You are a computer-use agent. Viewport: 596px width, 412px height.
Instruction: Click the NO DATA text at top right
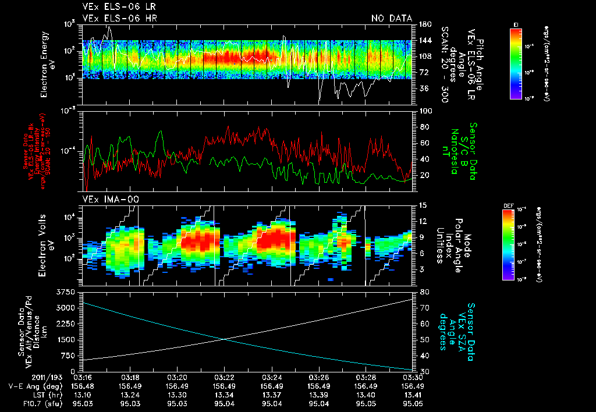[392, 18]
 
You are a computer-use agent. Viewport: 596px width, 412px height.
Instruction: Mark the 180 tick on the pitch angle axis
[424, 24]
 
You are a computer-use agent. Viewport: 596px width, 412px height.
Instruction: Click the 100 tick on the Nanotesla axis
[424, 111]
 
